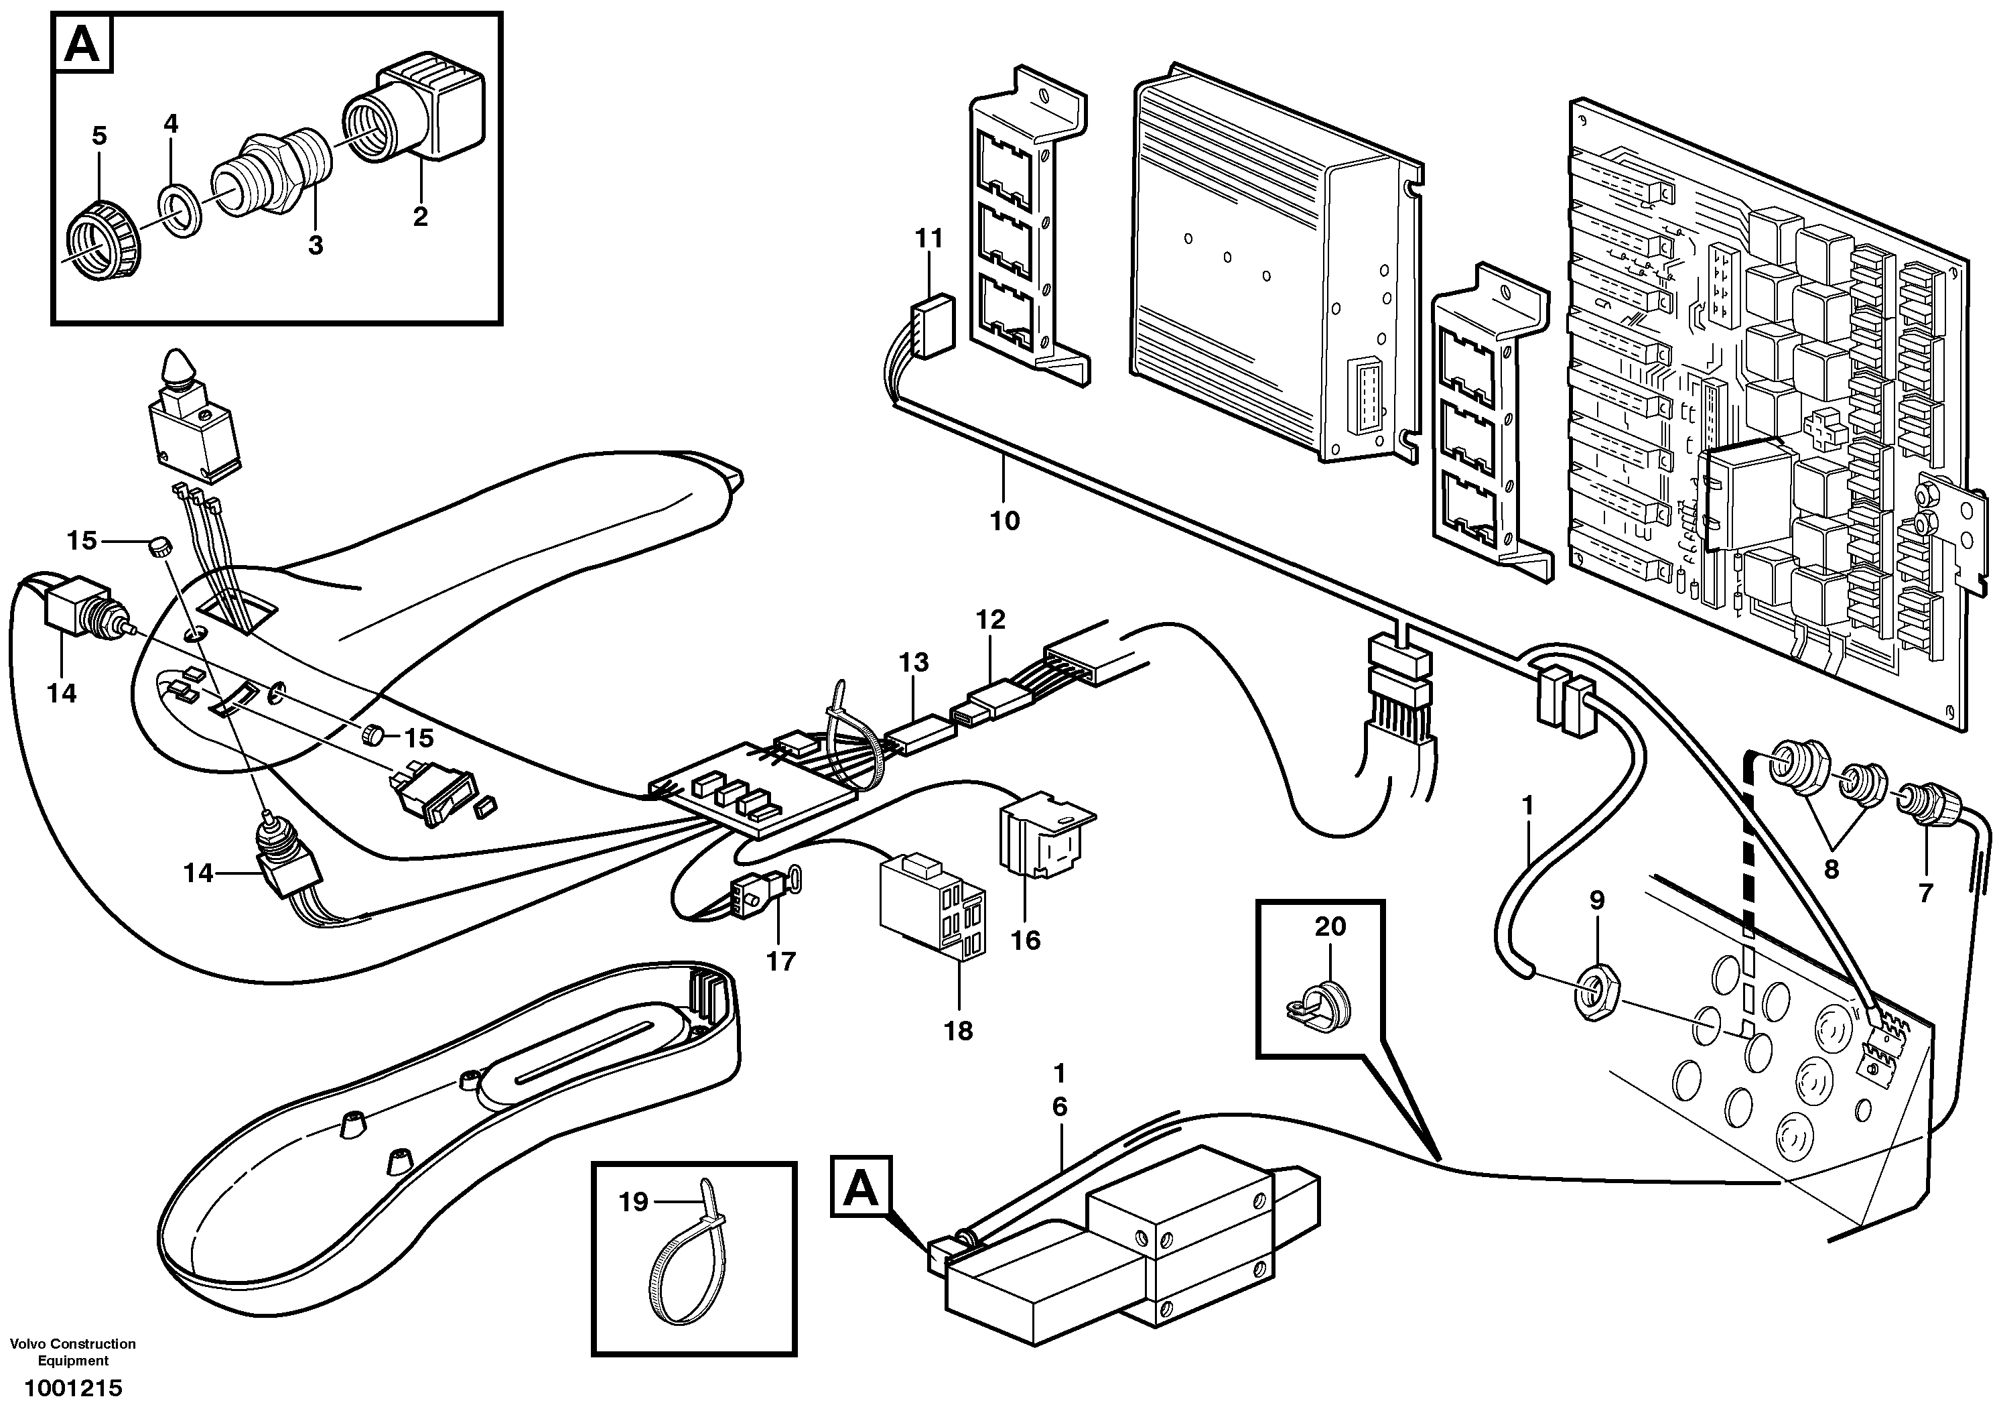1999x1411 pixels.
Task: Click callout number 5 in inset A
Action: [99, 136]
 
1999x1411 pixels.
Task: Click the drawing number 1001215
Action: [73, 1388]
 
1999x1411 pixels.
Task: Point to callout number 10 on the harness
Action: [1005, 521]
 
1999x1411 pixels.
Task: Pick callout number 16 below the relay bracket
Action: [1026, 940]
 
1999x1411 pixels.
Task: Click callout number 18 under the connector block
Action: [958, 1031]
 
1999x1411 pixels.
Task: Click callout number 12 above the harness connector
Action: [991, 619]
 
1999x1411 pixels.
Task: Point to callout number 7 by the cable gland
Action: [1925, 893]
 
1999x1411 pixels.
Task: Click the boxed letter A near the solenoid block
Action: [861, 1186]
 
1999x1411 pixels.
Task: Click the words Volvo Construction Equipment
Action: [73, 1352]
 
